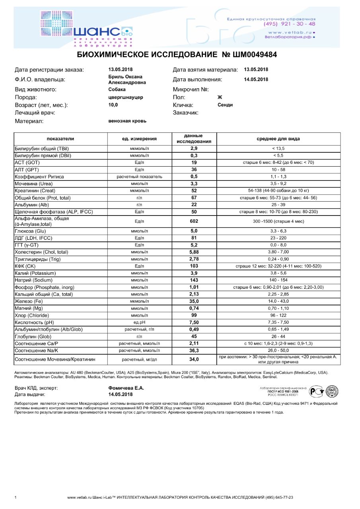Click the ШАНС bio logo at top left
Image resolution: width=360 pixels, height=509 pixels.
[87, 29]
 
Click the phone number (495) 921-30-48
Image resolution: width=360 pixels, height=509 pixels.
[289, 24]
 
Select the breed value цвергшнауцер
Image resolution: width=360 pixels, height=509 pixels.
[126, 97]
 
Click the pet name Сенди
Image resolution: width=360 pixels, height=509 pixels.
[225, 105]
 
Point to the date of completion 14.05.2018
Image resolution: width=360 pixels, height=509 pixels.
[256, 79]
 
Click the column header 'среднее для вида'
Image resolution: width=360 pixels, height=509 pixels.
[278, 139]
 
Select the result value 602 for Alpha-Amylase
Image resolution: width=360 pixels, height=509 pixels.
[194, 221]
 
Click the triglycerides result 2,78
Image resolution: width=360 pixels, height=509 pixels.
[194, 259]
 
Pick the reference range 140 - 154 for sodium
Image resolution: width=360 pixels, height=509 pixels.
[278, 280]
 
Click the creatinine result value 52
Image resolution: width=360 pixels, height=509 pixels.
[194, 190]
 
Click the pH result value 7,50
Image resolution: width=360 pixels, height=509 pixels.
[194, 322]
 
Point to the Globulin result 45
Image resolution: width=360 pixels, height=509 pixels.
[194, 336]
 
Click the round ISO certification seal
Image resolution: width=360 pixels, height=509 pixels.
[332, 392]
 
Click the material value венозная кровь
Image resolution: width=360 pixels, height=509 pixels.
[127, 120]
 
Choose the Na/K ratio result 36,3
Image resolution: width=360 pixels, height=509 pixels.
[194, 350]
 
